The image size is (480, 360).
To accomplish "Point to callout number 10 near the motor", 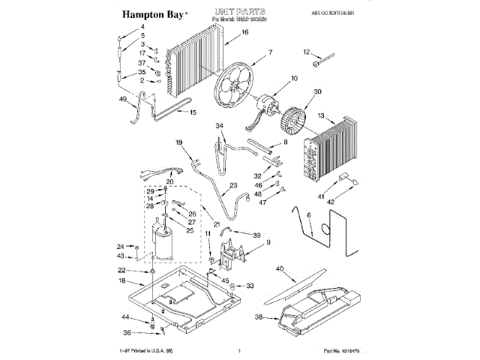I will (294, 79).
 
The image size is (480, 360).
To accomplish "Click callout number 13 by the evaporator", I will (322, 116).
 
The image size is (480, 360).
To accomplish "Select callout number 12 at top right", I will (306, 52).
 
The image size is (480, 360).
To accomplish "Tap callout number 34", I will (220, 125).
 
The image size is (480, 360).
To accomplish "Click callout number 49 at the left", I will (122, 98).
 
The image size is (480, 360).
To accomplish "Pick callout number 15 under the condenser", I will (193, 112).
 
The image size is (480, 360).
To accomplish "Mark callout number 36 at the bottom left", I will (128, 333).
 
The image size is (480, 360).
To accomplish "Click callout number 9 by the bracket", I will (268, 243).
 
